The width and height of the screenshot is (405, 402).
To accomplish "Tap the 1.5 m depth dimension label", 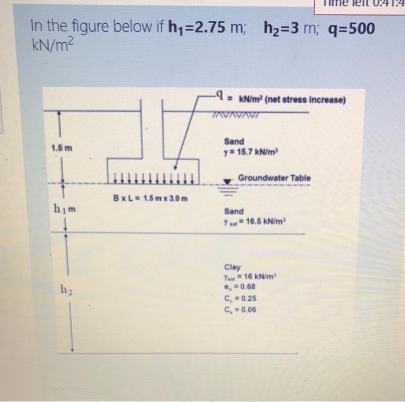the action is point(61,149).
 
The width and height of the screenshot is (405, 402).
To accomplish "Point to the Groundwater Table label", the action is point(274,178).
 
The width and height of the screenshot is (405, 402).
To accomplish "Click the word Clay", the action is point(231,267).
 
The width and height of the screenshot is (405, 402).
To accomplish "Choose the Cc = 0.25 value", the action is point(241,298).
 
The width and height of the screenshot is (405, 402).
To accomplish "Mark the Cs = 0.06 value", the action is point(241,309).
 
